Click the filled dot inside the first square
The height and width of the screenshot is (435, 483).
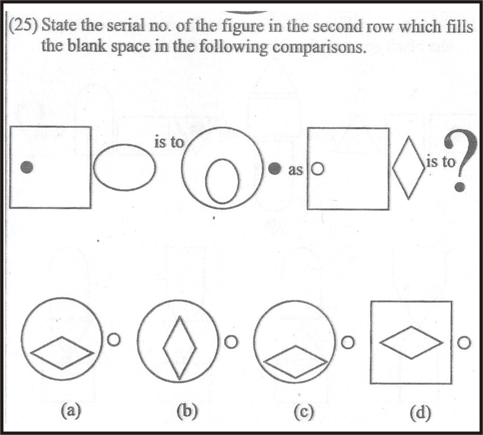pyautogui.click(x=27, y=167)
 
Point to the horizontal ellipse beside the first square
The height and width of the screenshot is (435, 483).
pyautogui.click(x=124, y=167)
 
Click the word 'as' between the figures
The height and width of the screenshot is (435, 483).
pyautogui.click(x=295, y=170)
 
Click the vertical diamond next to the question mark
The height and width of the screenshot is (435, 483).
pyautogui.click(x=408, y=168)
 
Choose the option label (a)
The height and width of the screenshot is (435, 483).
pyautogui.click(x=71, y=410)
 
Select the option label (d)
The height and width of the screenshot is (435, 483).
pyautogui.click(x=420, y=412)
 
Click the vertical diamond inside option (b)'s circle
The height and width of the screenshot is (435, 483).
pyautogui.click(x=179, y=348)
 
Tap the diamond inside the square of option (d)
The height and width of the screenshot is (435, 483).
pyautogui.click(x=411, y=343)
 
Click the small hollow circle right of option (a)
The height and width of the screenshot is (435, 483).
pyautogui.click(x=113, y=340)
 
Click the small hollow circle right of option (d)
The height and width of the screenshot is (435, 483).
pyautogui.click(x=464, y=343)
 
